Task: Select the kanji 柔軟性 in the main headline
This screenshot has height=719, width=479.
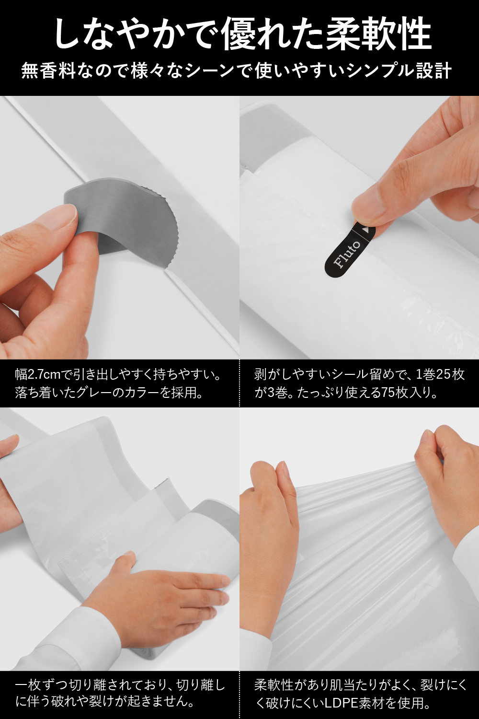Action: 378,34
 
